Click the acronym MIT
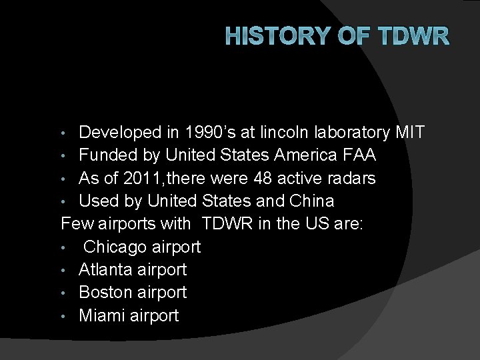pos(409,133)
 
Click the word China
pos(311,201)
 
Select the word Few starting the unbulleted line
pos(77,223)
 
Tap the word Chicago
pos(114,247)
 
